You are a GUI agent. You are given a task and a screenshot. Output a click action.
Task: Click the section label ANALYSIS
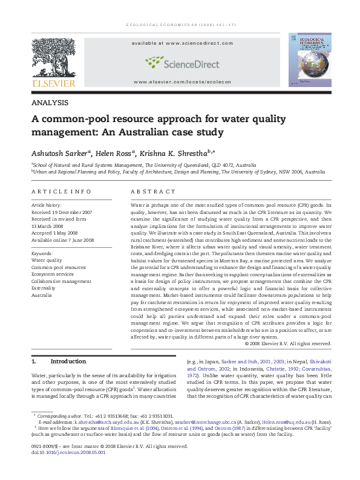pos(49,103)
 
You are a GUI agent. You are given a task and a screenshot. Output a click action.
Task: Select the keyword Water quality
pos(47,259)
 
